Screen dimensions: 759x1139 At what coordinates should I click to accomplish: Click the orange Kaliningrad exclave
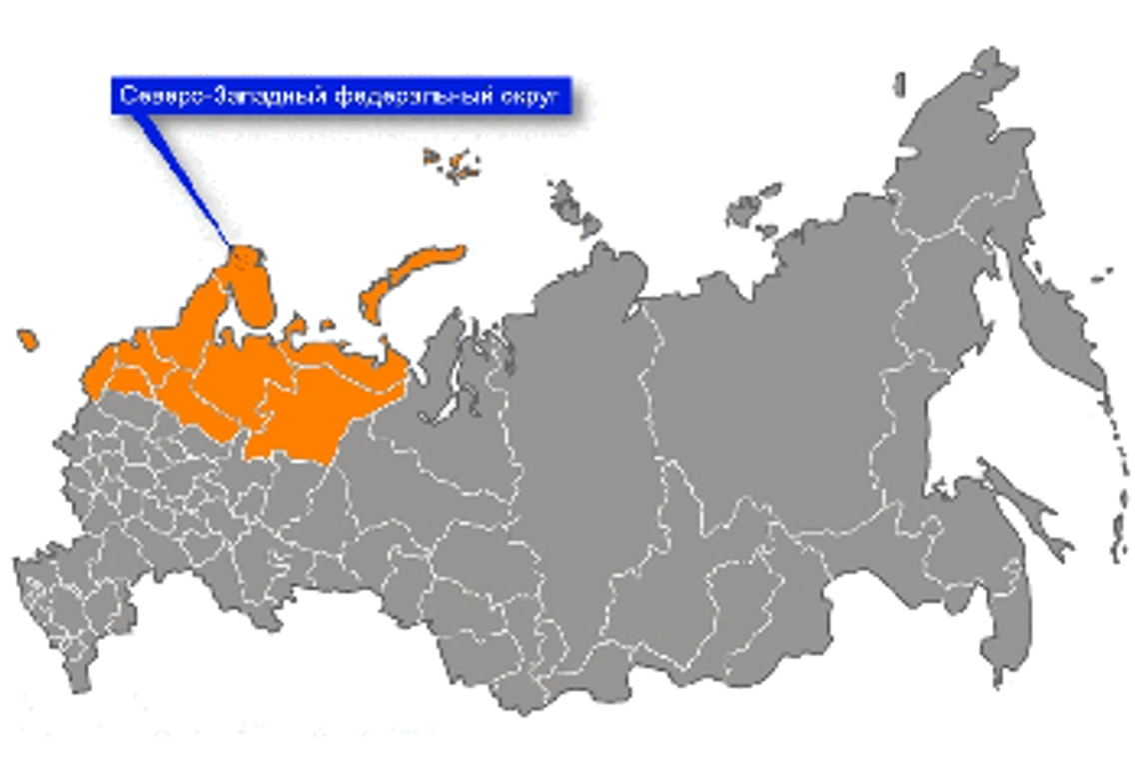click(28, 340)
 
